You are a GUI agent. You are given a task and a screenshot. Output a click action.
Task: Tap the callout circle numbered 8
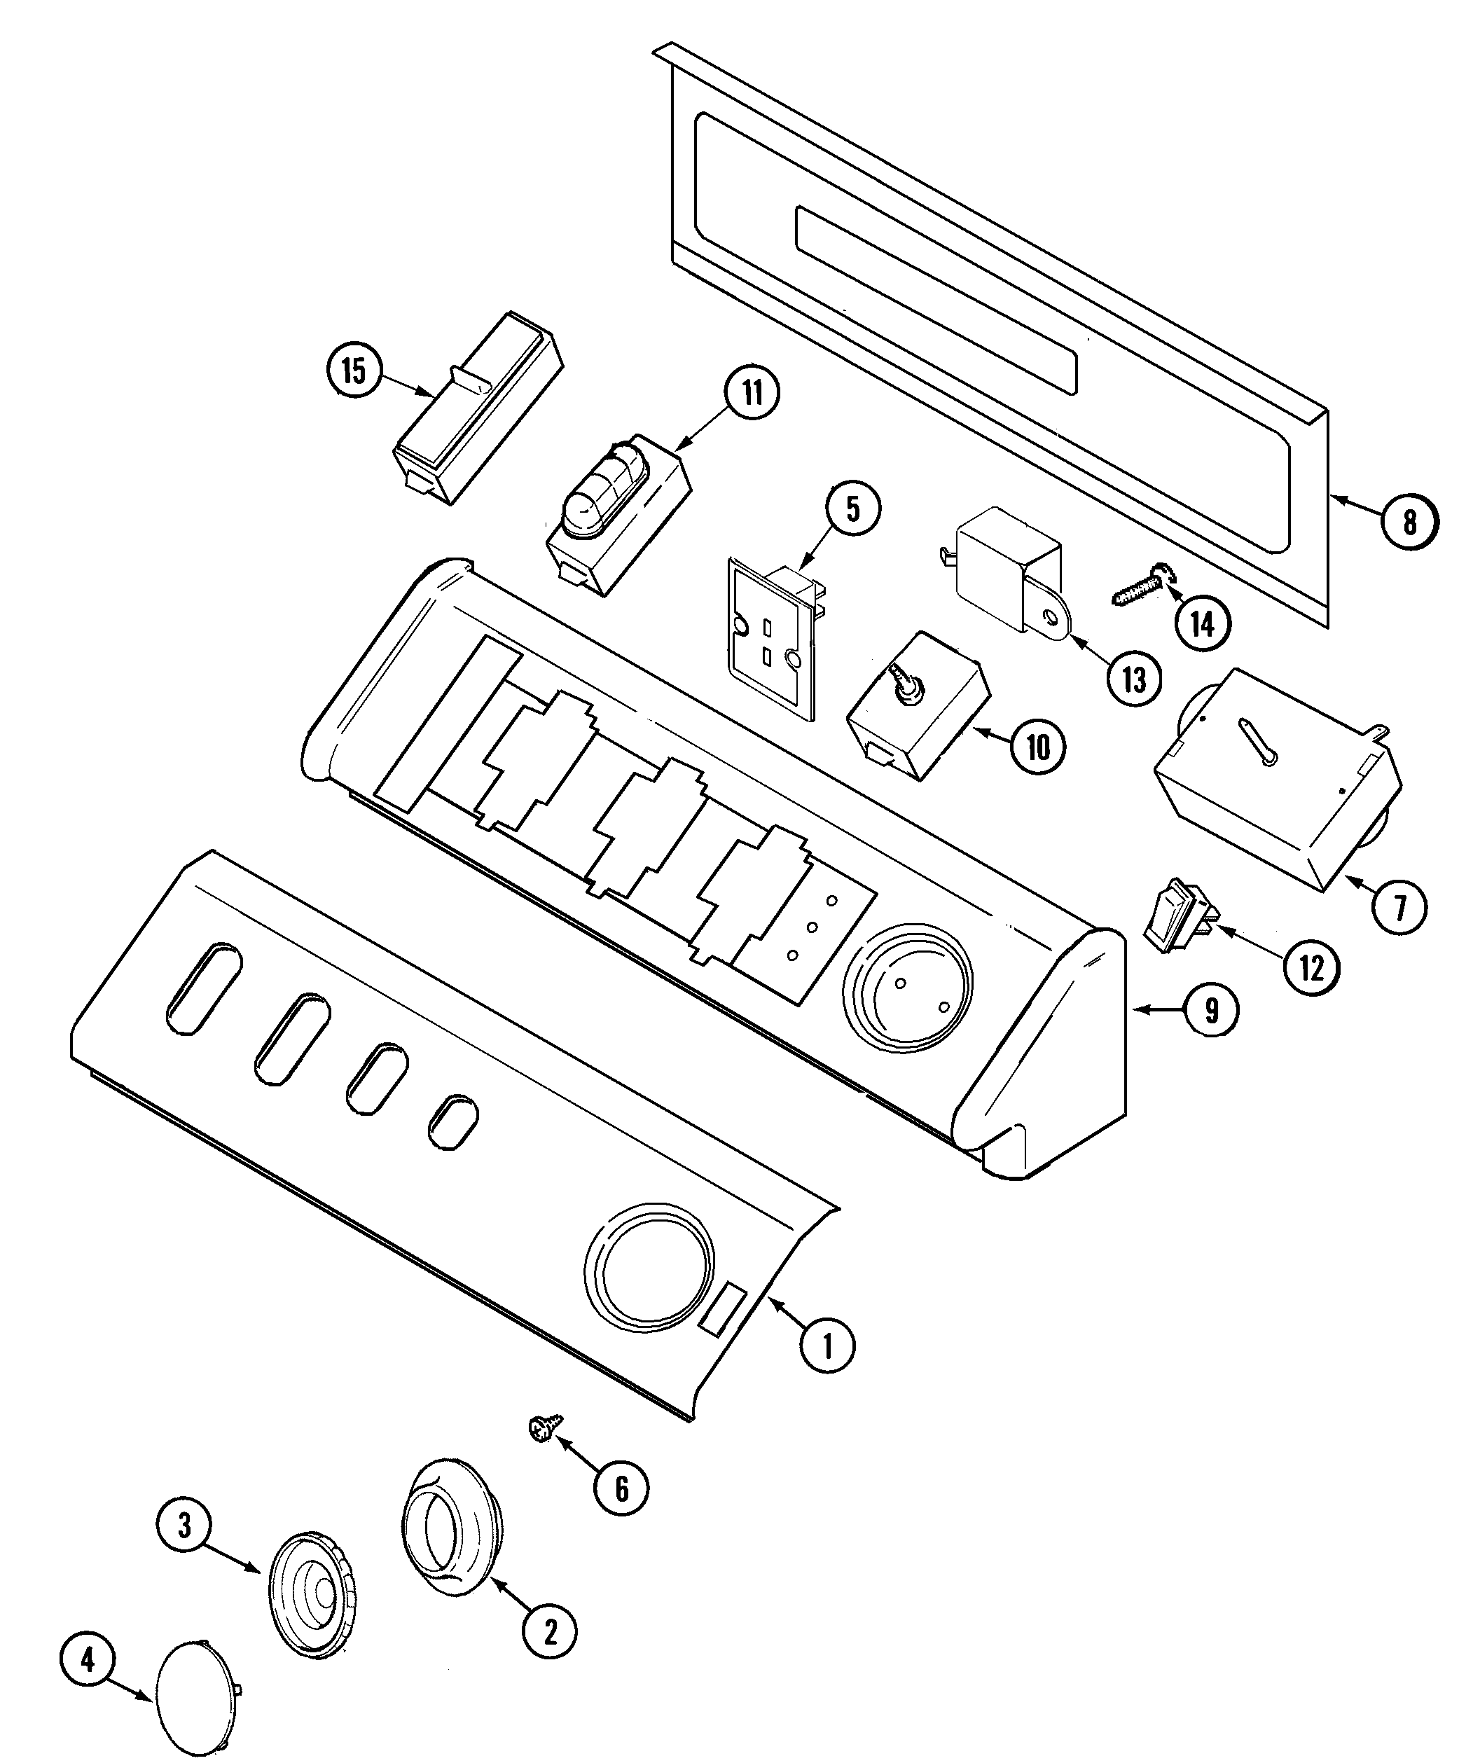point(1410,523)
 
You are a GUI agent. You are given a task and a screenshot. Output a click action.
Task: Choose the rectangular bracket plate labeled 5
point(770,635)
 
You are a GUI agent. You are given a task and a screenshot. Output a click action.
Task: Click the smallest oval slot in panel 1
point(453,1121)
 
